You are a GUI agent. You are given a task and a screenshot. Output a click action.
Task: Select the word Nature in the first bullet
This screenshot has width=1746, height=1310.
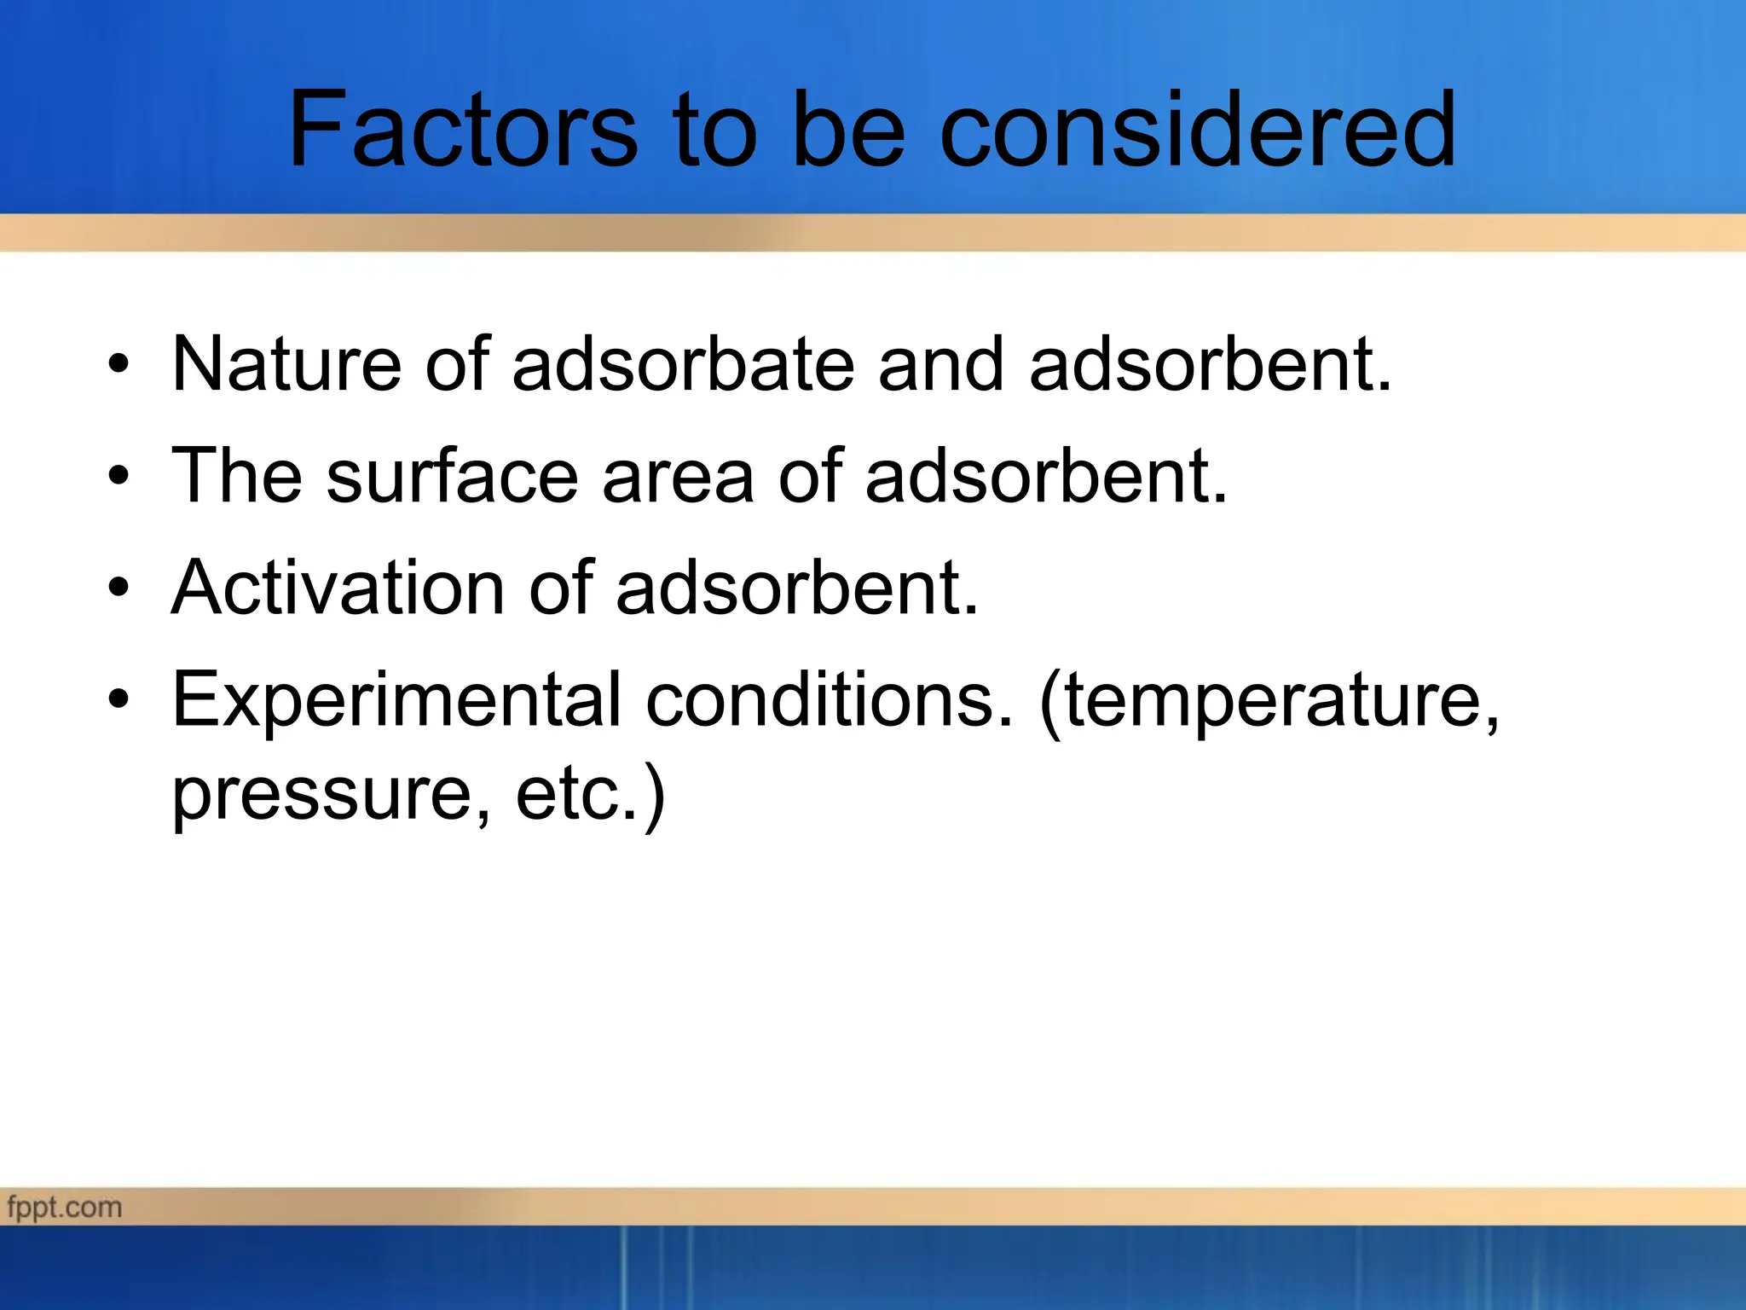point(286,364)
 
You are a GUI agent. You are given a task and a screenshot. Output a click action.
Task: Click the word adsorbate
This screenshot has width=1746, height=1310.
point(682,364)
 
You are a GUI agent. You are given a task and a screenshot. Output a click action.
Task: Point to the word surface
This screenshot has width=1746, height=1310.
point(452,476)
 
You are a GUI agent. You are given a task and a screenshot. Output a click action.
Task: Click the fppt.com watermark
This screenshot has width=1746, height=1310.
point(65,1207)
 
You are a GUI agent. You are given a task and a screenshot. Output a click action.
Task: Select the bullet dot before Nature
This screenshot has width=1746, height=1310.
point(119,365)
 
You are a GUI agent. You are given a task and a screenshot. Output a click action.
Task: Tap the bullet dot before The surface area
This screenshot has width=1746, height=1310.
point(119,476)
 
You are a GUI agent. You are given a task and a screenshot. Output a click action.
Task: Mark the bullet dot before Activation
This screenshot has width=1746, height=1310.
point(119,588)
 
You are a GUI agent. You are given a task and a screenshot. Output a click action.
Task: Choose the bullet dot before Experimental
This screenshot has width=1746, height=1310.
point(119,699)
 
